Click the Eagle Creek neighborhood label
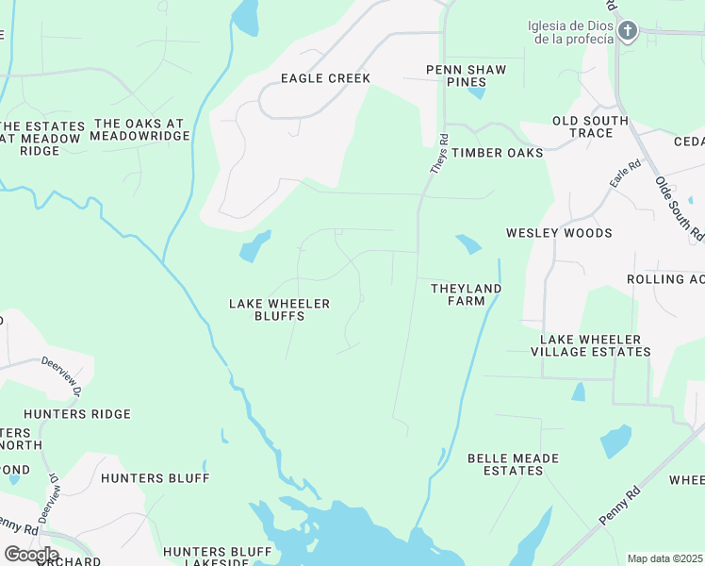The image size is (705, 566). pyautogui.click(x=325, y=78)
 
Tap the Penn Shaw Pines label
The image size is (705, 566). pyautogui.click(x=466, y=76)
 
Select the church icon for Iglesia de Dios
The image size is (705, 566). pyautogui.click(x=627, y=32)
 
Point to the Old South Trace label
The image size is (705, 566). pyautogui.click(x=590, y=126)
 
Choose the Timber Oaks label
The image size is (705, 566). pyautogui.click(x=497, y=152)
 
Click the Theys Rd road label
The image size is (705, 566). pyautogui.click(x=439, y=153)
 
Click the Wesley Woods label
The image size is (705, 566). pyautogui.click(x=559, y=233)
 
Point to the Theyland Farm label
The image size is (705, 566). pyautogui.click(x=466, y=294)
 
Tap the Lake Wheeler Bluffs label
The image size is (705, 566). pyautogui.click(x=280, y=309)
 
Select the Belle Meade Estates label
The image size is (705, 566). pyautogui.click(x=513, y=464)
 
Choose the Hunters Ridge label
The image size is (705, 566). pyautogui.click(x=77, y=414)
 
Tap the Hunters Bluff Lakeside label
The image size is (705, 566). pyautogui.click(x=207, y=557)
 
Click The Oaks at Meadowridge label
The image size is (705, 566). pyautogui.click(x=140, y=130)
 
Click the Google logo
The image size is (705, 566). pyautogui.click(x=32, y=554)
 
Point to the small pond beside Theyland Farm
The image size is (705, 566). pyautogui.click(x=467, y=244)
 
